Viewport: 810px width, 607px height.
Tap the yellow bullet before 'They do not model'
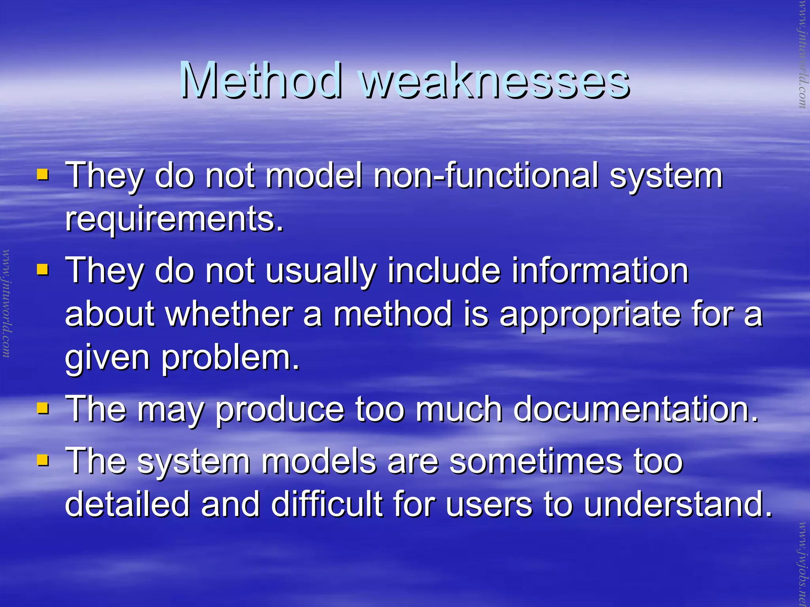pos(42,175)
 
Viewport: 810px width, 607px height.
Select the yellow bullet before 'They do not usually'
pos(42,270)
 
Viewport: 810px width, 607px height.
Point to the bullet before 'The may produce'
pos(42,408)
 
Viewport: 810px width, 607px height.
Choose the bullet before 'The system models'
pos(42,460)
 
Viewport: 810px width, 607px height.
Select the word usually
pos(320,272)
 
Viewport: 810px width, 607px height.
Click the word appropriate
pos(590,315)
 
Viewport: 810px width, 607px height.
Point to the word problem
pos(231,359)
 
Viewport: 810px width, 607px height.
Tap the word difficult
pos(326,504)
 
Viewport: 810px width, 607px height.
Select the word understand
pos(678,504)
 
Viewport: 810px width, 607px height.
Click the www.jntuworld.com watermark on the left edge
pos(6,303)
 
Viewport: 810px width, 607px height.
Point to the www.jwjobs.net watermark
pos(802,563)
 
